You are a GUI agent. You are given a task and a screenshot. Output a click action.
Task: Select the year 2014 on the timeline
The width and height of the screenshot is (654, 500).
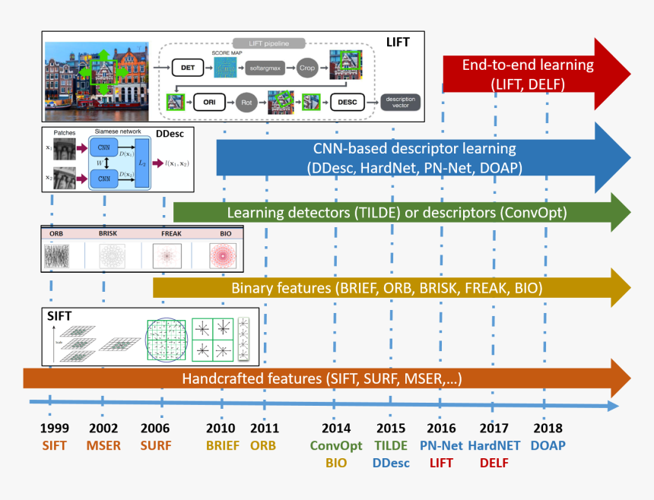pyautogui.click(x=337, y=429)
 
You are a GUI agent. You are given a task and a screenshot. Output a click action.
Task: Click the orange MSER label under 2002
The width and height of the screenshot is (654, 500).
pyautogui.click(x=104, y=445)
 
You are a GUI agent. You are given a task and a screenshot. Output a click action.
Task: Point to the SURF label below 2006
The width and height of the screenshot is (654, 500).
pyautogui.click(x=155, y=445)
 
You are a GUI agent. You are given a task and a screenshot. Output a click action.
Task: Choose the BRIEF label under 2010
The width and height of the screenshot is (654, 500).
pyautogui.click(x=221, y=445)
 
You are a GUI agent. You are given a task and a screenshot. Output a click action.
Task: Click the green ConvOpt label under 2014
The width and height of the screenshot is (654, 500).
pyautogui.click(x=336, y=445)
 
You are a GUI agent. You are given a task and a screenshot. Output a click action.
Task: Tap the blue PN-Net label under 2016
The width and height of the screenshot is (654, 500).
pyautogui.click(x=441, y=445)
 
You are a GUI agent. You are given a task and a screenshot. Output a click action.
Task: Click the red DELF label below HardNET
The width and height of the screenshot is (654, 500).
pyautogui.click(x=494, y=462)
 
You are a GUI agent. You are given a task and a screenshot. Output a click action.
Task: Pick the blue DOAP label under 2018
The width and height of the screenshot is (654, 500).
pyautogui.click(x=548, y=445)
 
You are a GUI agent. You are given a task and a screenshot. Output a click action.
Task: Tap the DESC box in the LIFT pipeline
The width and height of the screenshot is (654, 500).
pyautogui.click(x=348, y=101)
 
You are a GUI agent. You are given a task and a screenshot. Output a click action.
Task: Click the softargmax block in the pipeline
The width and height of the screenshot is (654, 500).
pyautogui.click(x=266, y=68)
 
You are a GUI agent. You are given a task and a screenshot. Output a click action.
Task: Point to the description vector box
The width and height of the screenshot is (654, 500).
pyautogui.click(x=400, y=101)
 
